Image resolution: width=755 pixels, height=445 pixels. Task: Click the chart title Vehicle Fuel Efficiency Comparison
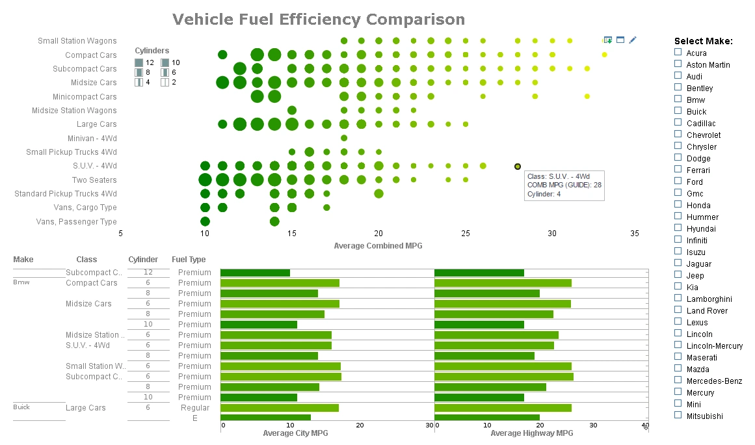coord(319,20)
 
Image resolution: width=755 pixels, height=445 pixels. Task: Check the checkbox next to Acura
coord(678,52)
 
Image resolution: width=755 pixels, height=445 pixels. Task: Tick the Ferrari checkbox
coord(678,169)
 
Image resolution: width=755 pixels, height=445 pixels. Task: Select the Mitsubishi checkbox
coord(678,415)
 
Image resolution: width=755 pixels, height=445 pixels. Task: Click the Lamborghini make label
coord(709,299)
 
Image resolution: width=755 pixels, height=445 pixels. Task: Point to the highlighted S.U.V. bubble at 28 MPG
coord(518,167)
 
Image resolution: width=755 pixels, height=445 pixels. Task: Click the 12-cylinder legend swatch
coord(139,62)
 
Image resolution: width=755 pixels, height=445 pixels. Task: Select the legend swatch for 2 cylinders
coord(165,82)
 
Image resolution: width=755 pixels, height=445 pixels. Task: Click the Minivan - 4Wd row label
coord(92,138)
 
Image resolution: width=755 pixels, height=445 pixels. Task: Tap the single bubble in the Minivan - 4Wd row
coord(344,138)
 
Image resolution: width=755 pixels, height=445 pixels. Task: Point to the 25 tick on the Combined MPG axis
coord(466,234)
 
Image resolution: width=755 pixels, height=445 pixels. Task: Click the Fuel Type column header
coord(189,260)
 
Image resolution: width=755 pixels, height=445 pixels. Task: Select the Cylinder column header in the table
coord(143,260)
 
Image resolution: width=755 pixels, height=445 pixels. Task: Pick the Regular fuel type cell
coord(195,408)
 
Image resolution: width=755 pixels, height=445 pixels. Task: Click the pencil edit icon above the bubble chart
coord(633,40)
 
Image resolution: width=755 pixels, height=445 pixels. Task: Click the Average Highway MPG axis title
coord(531,433)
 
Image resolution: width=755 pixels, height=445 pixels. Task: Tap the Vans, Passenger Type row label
coord(77,222)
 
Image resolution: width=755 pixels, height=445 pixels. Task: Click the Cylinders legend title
coord(152,51)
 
